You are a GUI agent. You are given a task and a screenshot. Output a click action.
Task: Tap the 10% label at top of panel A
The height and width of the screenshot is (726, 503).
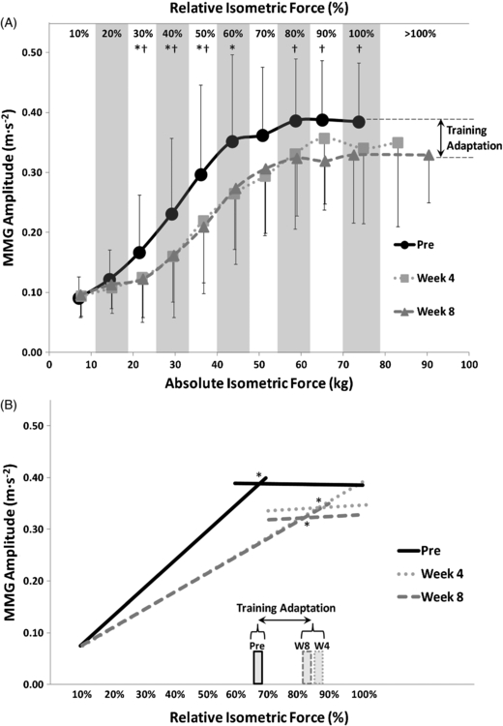(x=79, y=34)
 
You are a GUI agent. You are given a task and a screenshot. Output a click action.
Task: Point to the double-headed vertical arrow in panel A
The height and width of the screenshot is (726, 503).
(x=441, y=138)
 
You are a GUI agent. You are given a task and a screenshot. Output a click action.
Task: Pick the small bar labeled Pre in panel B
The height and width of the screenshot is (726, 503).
(x=258, y=667)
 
